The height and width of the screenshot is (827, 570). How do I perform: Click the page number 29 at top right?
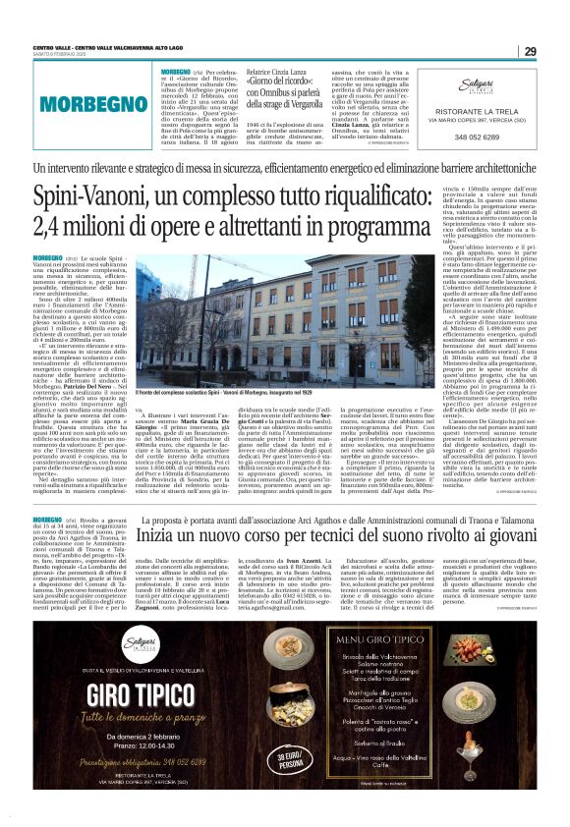click(530, 51)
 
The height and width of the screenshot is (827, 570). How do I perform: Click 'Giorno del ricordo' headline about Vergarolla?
click(296, 81)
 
